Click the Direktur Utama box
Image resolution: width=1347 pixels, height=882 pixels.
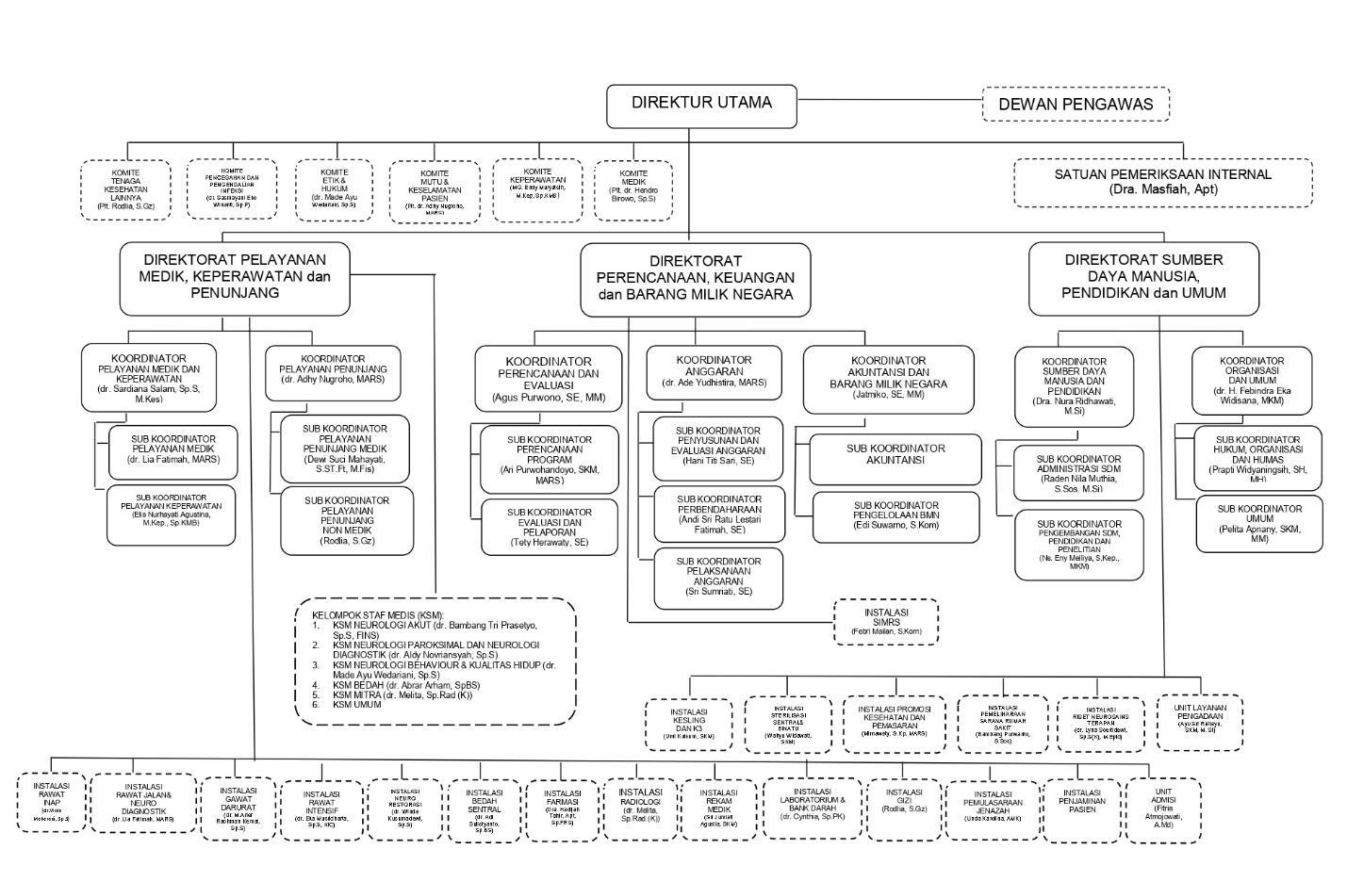coord(701,106)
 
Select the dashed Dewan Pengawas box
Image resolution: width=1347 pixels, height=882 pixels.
coord(1076,104)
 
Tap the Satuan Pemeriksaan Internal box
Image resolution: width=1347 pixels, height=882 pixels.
coord(1162,182)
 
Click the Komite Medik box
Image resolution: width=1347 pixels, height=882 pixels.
coord(633,188)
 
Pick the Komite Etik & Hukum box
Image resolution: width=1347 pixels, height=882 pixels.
coord(334,188)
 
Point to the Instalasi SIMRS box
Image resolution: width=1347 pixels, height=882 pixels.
coord(886,622)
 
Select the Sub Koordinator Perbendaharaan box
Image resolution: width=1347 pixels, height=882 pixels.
coord(719,514)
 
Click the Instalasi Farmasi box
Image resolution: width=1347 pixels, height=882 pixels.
coord(562,807)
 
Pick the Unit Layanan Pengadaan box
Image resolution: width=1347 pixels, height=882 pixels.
coord(1199,722)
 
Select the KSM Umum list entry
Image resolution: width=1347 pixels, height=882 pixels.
coord(357,704)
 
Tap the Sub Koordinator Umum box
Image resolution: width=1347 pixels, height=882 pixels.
coord(1259,524)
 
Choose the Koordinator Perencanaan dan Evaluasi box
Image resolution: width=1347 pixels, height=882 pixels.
coord(548,379)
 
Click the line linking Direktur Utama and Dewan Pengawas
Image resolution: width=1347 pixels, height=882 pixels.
coord(889,99)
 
